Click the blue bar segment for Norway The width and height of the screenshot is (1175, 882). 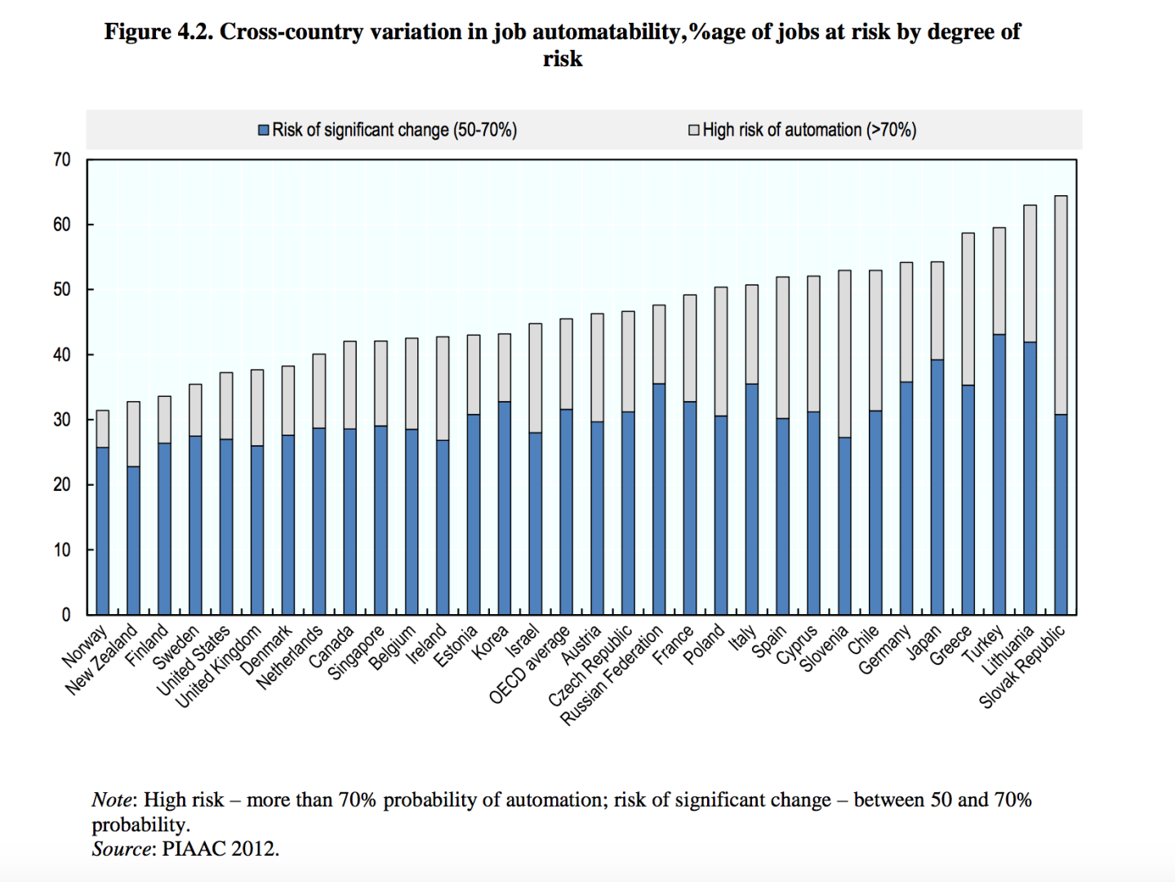pos(102,531)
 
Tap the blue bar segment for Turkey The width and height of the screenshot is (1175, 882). pos(999,474)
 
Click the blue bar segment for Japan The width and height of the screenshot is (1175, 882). pos(937,487)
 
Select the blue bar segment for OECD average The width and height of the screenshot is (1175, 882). pos(566,511)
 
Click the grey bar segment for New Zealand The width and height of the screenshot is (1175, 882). pos(133,434)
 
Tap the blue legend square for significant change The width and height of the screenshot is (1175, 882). pos(264,131)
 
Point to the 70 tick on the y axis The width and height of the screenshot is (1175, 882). pos(62,160)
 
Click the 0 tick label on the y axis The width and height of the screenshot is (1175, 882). pos(66,615)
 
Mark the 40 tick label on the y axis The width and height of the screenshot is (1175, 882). pos(62,354)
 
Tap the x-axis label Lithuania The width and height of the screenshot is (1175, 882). pos(1008,650)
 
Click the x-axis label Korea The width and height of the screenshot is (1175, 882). pos(491,641)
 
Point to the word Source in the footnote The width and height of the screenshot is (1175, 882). pos(121,849)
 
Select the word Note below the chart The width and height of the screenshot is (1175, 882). pos(112,800)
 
